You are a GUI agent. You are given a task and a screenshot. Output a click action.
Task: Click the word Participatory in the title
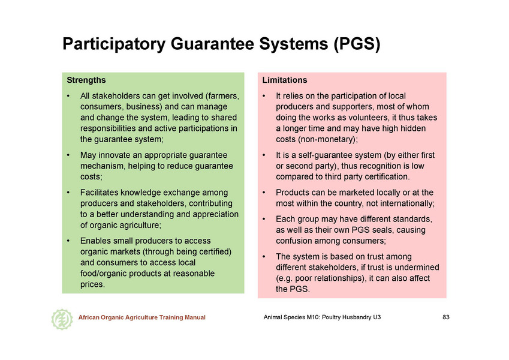[x=114, y=44]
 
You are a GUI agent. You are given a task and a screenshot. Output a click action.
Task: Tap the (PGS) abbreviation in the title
[x=357, y=44]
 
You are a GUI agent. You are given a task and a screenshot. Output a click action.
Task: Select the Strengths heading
[x=86, y=80]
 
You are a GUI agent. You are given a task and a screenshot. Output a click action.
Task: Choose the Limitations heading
[x=285, y=80]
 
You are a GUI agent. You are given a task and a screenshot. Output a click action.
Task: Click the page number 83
[x=446, y=317]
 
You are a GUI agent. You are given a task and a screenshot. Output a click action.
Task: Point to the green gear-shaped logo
[x=62, y=319]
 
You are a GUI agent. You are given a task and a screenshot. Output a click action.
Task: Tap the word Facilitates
[x=100, y=193]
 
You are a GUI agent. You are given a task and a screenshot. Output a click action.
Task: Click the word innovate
[x=114, y=155]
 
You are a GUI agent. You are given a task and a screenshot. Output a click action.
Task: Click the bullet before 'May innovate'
[x=68, y=155]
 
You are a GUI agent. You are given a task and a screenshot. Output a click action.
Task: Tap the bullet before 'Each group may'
[x=264, y=220]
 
